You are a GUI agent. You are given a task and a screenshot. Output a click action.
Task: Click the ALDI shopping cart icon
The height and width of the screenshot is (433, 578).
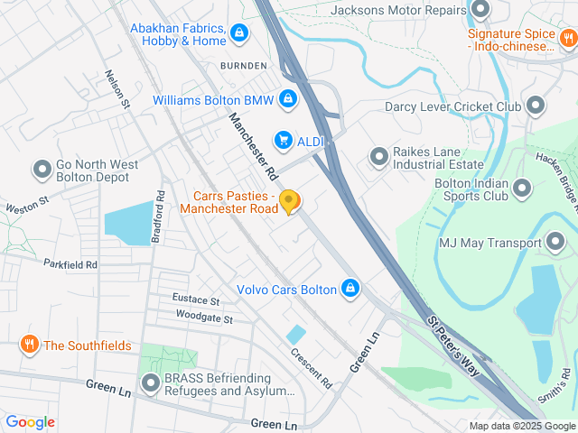click(x=284, y=140)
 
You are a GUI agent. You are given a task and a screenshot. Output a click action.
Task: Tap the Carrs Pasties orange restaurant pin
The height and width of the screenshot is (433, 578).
click(x=289, y=202)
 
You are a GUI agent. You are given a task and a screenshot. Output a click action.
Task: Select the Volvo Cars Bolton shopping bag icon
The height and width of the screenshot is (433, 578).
click(x=350, y=290)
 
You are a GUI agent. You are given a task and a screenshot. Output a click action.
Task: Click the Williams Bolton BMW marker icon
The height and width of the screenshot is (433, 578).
click(x=287, y=99)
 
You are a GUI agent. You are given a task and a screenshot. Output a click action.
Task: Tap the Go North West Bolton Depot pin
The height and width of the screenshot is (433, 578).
click(x=42, y=169)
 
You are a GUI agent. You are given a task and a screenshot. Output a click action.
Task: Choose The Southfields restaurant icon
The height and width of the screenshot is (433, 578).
click(x=29, y=345)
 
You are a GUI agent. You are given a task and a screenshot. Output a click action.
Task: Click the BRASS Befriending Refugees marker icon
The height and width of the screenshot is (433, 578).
click(x=149, y=384)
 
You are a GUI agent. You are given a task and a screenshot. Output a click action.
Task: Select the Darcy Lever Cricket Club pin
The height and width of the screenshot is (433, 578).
click(x=536, y=106)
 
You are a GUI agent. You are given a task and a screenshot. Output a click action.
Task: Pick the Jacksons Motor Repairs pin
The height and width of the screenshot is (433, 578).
click(x=480, y=11)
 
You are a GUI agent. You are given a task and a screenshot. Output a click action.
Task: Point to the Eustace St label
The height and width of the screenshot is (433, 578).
click(x=196, y=299)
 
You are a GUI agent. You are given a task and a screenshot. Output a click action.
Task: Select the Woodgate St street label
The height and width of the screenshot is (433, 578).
click(x=204, y=319)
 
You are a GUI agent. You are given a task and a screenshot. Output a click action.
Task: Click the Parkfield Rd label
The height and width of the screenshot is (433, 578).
click(x=70, y=264)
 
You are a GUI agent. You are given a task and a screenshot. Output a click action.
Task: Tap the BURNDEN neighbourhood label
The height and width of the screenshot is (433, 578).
click(x=243, y=66)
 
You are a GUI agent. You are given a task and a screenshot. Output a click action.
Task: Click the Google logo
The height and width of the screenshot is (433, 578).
click(x=30, y=422)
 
